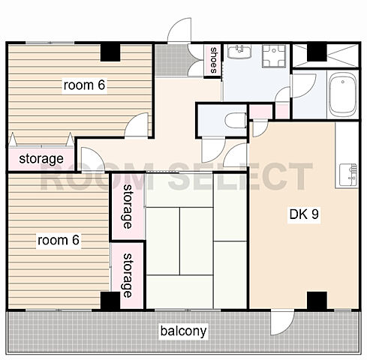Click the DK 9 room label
304,214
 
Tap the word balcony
183,331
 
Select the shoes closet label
213,60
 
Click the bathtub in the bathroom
343,94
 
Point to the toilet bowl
235,121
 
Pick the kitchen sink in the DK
348,175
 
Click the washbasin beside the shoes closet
239,52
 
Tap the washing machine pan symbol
274,56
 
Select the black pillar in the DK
317,300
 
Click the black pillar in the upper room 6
110,52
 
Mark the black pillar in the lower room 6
110,301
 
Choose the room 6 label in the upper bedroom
84,85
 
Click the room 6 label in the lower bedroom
59,240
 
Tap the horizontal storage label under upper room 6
41,159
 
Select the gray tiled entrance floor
171,60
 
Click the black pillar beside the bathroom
317,52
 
